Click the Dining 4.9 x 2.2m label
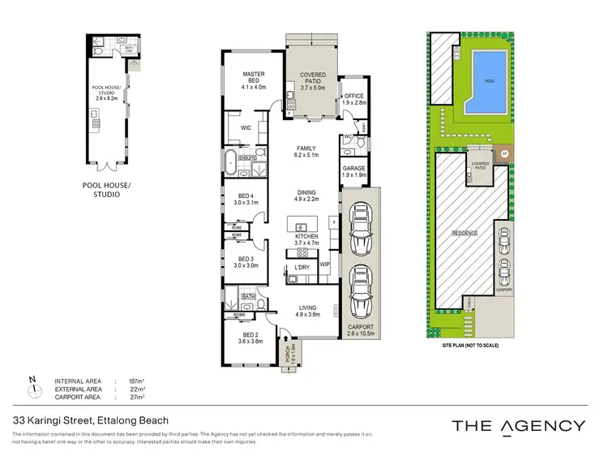306,195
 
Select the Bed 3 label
246,261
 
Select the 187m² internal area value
134,381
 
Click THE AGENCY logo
517,426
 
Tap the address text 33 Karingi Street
90,420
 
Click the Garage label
353,171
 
